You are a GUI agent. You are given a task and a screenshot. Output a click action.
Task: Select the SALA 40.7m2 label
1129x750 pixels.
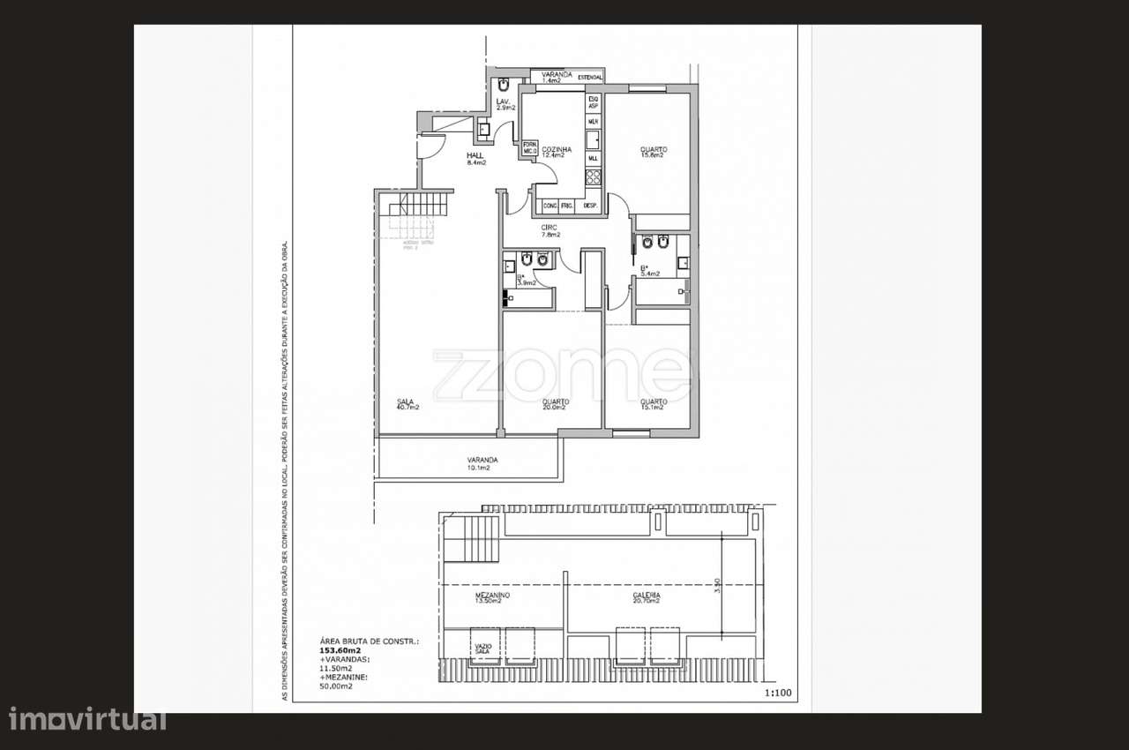coord(407,405)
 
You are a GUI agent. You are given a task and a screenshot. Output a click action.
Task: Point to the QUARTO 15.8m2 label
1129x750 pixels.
coord(654,152)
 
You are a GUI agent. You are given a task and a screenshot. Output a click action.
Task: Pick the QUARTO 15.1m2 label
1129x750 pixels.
coord(654,405)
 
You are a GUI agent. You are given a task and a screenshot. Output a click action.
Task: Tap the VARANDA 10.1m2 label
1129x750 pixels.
coord(482,463)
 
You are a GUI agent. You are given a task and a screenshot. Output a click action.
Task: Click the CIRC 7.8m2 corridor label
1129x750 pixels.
coord(550,231)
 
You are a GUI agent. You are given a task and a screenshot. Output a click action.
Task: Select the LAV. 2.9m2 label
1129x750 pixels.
coord(504,104)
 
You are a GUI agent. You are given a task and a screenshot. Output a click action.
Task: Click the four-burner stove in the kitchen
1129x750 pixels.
coord(594,177)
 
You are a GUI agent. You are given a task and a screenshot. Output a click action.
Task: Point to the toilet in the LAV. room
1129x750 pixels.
coord(501,86)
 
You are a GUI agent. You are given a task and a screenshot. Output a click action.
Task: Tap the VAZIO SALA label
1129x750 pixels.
coord(484,649)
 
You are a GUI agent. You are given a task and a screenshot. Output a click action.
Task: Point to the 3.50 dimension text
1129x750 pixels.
coord(720,586)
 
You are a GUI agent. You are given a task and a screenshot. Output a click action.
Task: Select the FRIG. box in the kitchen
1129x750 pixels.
coord(567,206)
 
